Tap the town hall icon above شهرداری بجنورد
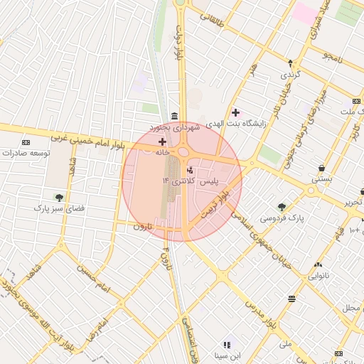(174, 116)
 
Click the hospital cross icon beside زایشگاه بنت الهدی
(235, 112)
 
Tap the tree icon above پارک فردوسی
(282, 207)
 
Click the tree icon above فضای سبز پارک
(59, 198)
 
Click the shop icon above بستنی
(322, 168)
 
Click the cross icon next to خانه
(162, 142)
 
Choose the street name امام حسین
(95, 279)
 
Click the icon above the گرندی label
(290, 63)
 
